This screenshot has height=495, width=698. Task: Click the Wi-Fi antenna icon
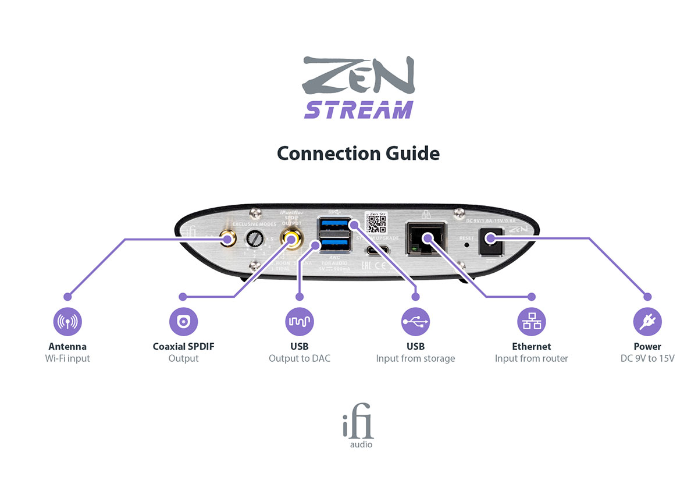67,321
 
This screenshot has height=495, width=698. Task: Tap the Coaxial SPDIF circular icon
183,321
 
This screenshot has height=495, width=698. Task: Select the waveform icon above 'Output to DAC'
300,321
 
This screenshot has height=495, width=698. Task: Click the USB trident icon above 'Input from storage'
415,321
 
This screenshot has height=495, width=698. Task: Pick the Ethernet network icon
532,321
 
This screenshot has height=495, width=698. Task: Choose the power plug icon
647,321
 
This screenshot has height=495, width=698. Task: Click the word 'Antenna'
67,347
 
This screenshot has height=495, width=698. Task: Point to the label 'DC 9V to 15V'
647,358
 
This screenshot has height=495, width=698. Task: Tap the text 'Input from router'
532,358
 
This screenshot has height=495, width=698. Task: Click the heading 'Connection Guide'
358,153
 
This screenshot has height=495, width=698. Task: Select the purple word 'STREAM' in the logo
358,109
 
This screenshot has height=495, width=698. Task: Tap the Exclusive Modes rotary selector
254,238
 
